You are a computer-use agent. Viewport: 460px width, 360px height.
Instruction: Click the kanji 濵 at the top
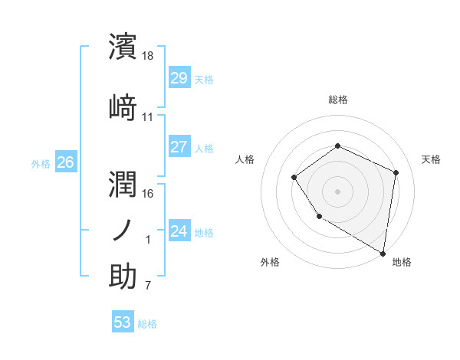tap(123, 47)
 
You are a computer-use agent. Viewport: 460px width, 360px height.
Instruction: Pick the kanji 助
tap(123, 276)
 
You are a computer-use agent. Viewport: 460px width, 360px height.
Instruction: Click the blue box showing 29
tap(179, 79)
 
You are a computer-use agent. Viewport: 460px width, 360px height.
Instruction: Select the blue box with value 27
tap(179, 148)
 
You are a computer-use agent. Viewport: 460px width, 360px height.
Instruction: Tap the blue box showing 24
tap(179, 231)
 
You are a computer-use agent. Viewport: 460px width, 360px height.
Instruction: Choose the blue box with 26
tap(66, 162)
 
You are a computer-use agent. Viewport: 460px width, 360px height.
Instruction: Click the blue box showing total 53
tap(123, 322)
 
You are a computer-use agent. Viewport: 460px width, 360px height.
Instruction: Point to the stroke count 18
tap(148, 56)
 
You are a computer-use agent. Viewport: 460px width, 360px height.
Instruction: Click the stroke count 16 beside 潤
tap(148, 194)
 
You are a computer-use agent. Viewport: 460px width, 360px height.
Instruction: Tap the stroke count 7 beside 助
tap(148, 286)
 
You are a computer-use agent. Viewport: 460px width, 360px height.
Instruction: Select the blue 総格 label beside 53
tap(147, 324)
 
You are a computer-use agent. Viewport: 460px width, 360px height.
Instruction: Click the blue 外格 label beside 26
tap(41, 163)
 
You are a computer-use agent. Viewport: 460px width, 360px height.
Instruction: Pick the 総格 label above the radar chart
tap(337, 100)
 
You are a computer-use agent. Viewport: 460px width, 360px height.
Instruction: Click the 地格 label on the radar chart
tap(402, 263)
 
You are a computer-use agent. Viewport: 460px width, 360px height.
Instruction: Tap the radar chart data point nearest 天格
tap(396, 172)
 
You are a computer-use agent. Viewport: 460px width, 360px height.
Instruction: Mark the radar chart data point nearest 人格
tap(294, 178)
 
